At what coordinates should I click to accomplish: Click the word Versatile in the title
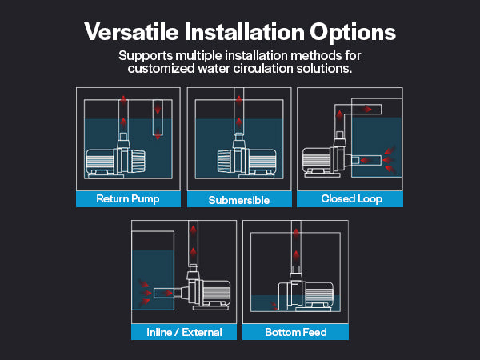131,31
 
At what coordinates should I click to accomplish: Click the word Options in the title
353,33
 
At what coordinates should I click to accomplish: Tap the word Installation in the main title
244,31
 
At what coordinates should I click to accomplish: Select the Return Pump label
128,199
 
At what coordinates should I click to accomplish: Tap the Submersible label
238,200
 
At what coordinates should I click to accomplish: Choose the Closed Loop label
352,199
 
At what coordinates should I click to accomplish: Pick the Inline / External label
184,332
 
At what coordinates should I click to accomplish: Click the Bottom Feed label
296,332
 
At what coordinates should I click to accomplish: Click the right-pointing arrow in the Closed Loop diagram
366,109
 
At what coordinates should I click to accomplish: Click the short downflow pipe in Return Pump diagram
158,118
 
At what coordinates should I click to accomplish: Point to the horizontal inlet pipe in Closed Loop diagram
366,160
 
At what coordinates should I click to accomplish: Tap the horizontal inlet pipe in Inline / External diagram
164,294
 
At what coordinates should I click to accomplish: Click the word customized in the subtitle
161,68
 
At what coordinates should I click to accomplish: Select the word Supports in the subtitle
146,56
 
